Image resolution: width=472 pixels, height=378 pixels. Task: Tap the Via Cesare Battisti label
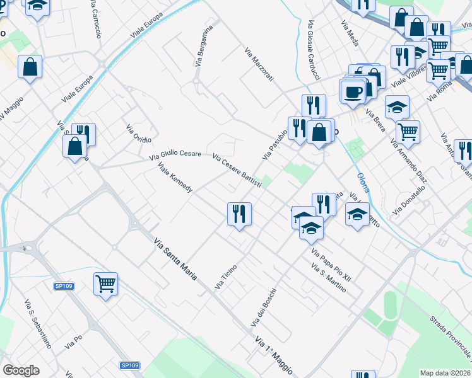point(237,170)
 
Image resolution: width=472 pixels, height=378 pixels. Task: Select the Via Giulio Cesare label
point(175,154)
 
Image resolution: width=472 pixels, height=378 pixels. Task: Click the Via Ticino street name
point(226,277)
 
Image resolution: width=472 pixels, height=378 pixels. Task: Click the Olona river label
point(363,184)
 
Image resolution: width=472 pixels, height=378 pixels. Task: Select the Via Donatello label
point(410,200)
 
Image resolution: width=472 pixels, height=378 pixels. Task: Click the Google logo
point(21,370)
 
